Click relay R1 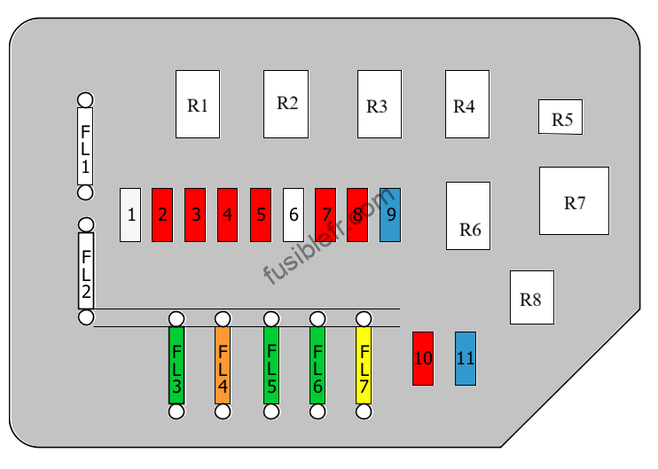(x=198, y=104)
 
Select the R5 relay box (x=560, y=117)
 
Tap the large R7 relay (x=574, y=201)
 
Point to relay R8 (x=532, y=297)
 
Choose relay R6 (x=468, y=216)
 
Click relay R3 (x=380, y=104)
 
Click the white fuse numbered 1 (x=130, y=215)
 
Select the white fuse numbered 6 (x=294, y=215)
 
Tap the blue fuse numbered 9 (x=390, y=215)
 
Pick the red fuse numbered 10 (x=423, y=358)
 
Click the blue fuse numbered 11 (x=466, y=358)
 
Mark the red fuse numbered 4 (x=227, y=215)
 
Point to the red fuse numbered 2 (x=162, y=215)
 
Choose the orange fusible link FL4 (x=223, y=365)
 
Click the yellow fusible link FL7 (x=364, y=365)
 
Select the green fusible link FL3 (x=176, y=365)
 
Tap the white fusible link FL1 (x=85, y=146)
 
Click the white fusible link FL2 (x=86, y=271)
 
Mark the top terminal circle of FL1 (x=86, y=100)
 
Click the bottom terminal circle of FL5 (x=271, y=411)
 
